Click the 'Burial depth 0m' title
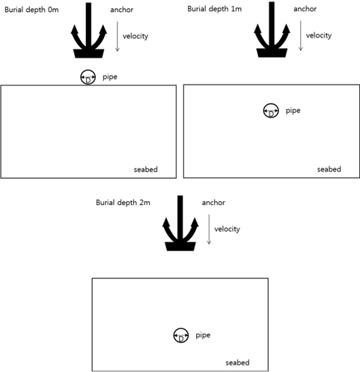coord(31,10)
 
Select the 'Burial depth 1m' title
coord(215,9)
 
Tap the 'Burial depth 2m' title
coord(123,203)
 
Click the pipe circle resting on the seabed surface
coord(88,77)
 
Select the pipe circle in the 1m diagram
coord(271,111)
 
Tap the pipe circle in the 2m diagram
coord(181,335)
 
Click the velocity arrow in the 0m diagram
coord(118,37)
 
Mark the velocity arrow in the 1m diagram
coord(301,36)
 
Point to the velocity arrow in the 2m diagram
coord(209,229)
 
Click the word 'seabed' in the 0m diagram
coord(146,170)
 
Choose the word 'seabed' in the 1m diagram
coord(329,169)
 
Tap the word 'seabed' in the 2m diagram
coord(237,362)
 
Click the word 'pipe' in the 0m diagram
coord(110,77)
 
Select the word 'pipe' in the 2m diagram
coord(203,335)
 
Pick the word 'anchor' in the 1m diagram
coord(305,9)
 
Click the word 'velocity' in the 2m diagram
coord(227,229)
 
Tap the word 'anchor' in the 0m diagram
coord(122,10)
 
